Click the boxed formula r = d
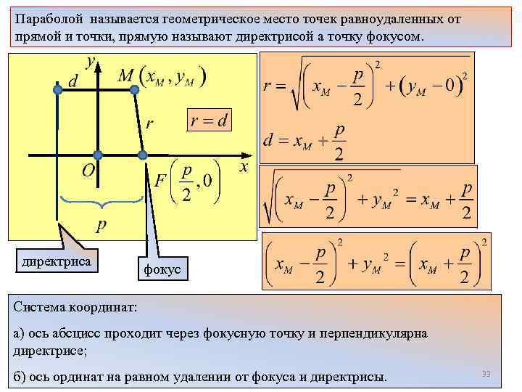tap(209, 121)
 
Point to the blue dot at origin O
tap(97, 155)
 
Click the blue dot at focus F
tap(143, 155)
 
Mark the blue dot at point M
tap(134, 89)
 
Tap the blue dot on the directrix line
tap(57, 89)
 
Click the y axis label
tap(91, 62)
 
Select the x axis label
tap(244, 167)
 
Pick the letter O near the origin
tap(88, 171)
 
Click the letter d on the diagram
tap(73, 81)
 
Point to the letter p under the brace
tap(101, 226)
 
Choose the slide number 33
tap(486, 374)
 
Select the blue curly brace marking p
tap(101, 202)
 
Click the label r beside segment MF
tap(149, 123)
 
